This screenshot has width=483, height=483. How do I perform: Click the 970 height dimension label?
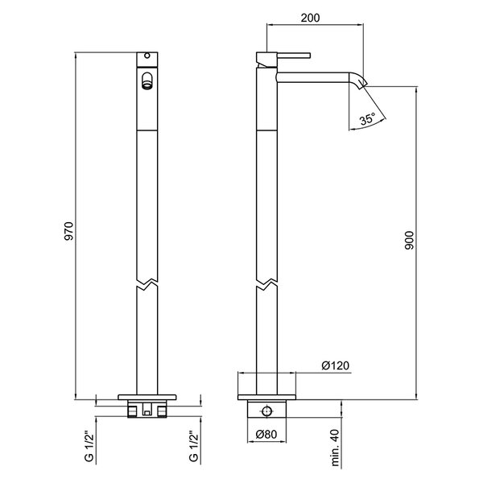[x=69, y=231]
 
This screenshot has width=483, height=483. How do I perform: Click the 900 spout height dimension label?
[x=410, y=240]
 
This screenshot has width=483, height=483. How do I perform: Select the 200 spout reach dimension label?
[x=310, y=18]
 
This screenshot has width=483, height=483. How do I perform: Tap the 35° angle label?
[x=368, y=118]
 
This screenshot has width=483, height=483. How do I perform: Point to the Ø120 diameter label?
[x=336, y=365]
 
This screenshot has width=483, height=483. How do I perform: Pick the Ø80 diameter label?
[x=266, y=435]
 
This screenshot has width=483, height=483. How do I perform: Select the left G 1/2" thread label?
[x=89, y=448]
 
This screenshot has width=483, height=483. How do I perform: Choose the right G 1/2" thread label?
[x=194, y=448]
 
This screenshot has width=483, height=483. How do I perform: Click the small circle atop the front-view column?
[x=147, y=56]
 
